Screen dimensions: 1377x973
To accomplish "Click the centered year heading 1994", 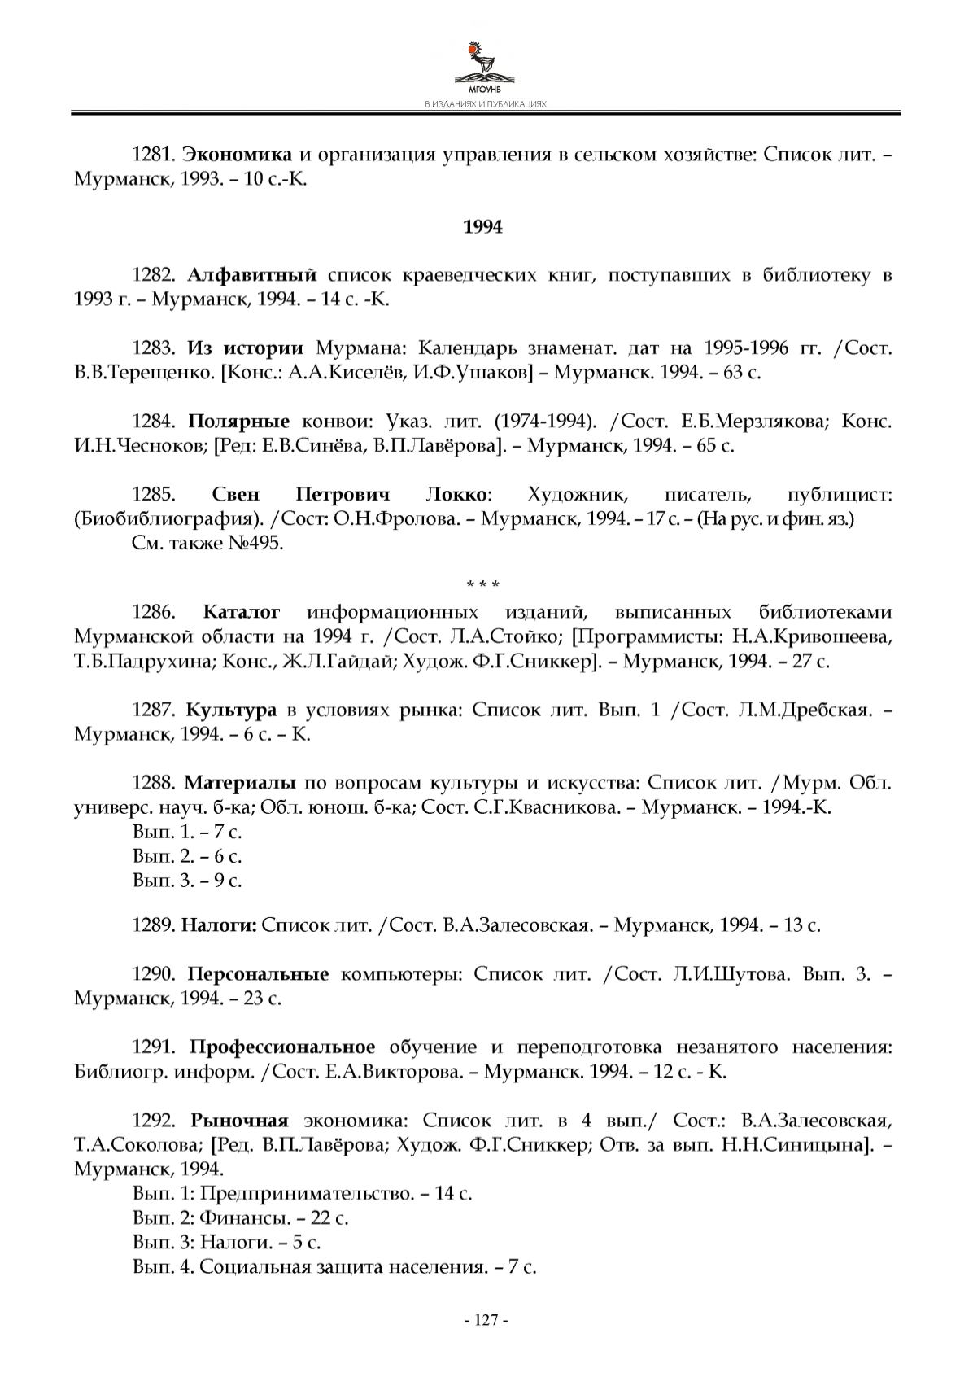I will (x=483, y=227).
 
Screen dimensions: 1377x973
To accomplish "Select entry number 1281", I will (x=153, y=154).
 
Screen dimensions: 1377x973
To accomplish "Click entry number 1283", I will (x=153, y=348).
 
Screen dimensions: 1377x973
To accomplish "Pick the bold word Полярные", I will (x=239, y=422).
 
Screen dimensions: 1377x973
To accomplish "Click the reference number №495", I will (x=257, y=543).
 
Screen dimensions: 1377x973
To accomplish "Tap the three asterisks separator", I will (x=483, y=584).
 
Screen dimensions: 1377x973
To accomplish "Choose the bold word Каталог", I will (x=242, y=612).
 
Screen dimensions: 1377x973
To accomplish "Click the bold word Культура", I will (x=231, y=710).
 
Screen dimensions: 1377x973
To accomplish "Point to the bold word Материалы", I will (x=240, y=783).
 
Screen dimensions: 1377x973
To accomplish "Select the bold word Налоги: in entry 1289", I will (x=219, y=925).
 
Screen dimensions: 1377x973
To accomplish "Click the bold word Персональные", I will (x=259, y=973).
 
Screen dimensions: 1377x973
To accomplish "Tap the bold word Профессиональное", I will (x=283, y=1047).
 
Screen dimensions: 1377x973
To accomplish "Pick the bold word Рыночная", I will (x=240, y=1120).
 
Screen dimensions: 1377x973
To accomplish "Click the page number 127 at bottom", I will (x=485, y=1320).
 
